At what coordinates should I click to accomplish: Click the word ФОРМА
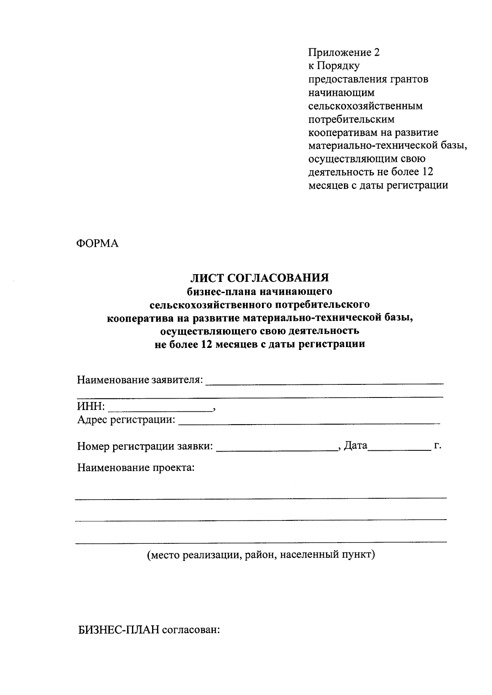coord(98,243)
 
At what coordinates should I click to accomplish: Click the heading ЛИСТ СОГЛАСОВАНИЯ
coord(259,278)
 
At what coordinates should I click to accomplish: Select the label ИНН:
coord(91,407)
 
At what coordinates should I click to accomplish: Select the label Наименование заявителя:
coord(140,380)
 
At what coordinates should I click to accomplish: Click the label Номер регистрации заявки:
coord(145,446)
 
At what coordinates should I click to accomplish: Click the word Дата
coord(355,445)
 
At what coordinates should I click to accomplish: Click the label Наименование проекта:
coord(136,468)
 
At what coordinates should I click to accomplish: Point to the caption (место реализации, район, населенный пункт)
coord(261,555)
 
